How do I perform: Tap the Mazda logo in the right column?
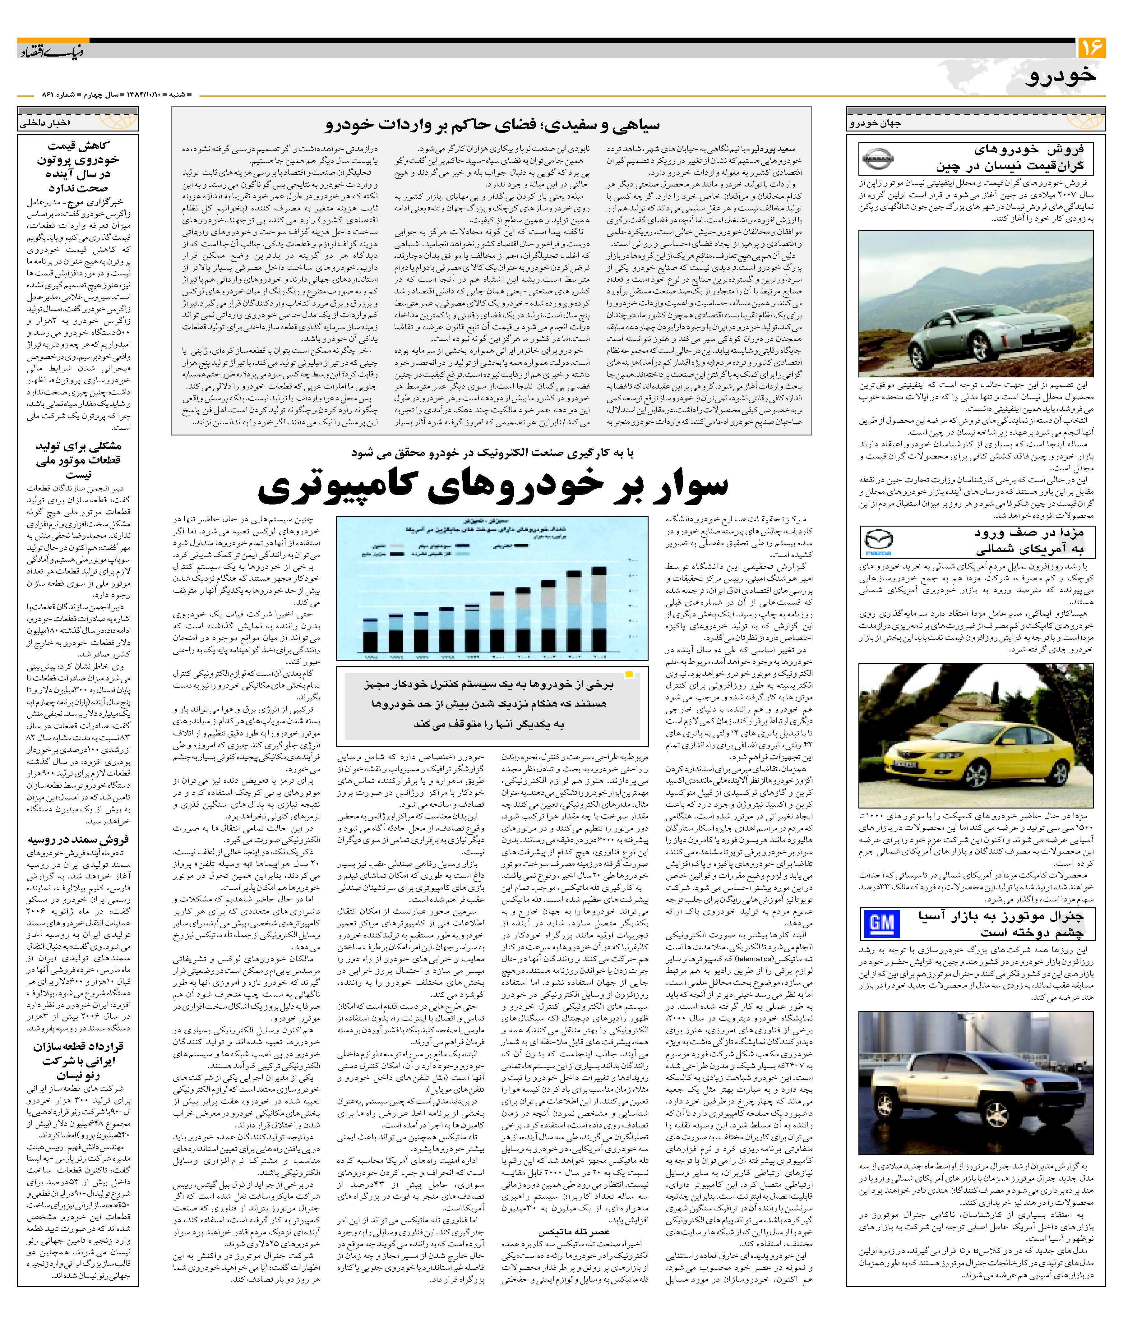(879, 542)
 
